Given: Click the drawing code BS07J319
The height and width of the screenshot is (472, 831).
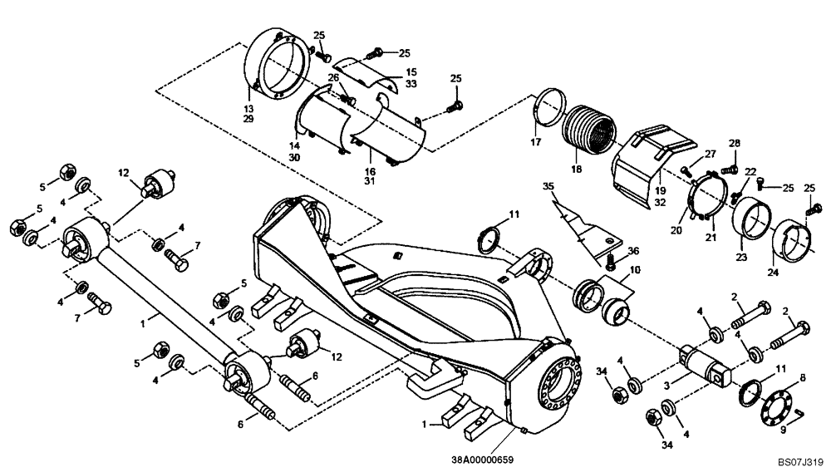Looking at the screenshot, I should point(800,459).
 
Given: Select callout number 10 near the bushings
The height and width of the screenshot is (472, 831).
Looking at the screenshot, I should point(635,270).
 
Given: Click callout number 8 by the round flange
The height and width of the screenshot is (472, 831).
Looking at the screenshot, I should point(803,378).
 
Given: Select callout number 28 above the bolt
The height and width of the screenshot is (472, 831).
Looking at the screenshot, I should point(734,145).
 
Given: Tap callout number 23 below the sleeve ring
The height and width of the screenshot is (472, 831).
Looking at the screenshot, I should point(741,258).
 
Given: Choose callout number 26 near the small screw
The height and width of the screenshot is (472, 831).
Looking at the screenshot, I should point(332,78).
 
